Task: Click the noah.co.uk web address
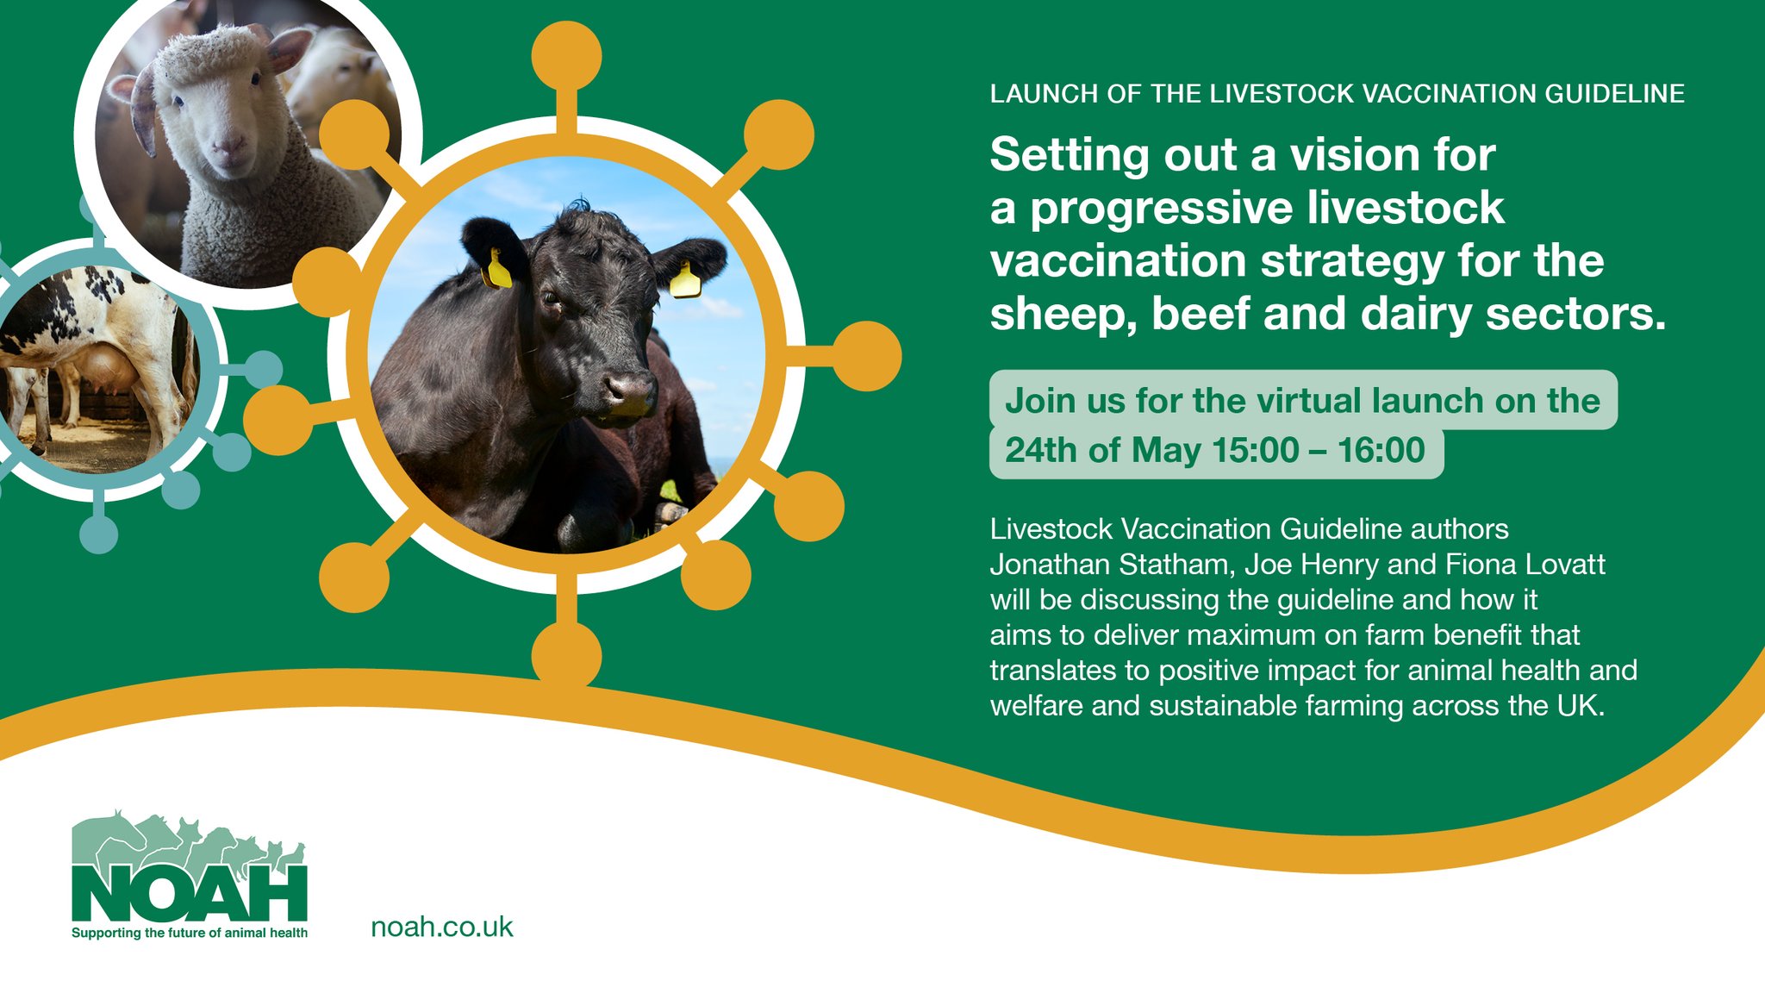tap(441, 927)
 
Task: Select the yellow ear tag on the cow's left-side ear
tap(499, 269)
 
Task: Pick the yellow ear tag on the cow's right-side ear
tap(685, 281)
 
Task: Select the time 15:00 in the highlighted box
tap(1255, 451)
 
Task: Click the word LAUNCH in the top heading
tap(1044, 94)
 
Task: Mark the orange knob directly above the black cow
tap(566, 55)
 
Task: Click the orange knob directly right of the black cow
tap(866, 356)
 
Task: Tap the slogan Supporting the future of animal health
tap(190, 934)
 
